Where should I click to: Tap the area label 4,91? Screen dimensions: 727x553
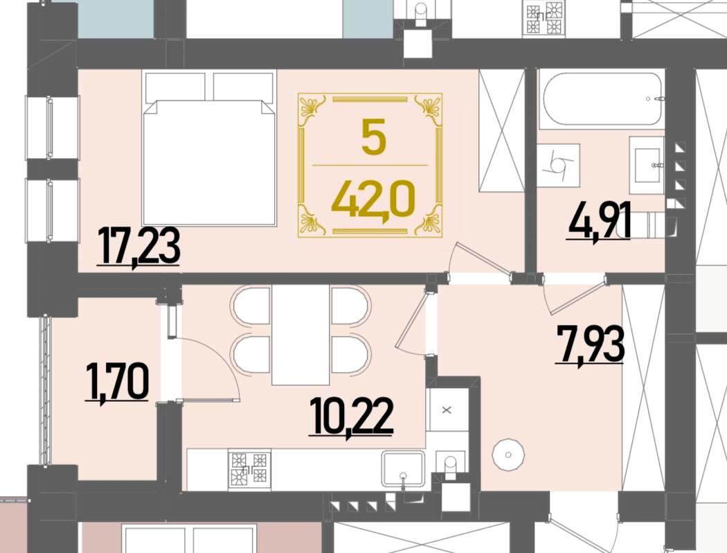click(598, 222)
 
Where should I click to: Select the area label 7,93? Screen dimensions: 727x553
click(590, 344)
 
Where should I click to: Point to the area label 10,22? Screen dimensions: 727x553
click(352, 416)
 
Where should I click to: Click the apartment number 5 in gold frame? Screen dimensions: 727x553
click(374, 137)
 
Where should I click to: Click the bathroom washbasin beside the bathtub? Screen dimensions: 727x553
click(646, 165)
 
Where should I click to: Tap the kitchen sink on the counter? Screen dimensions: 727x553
click(403, 468)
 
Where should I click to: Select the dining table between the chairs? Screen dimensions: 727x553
click(300, 335)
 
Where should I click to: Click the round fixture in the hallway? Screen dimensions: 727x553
click(508, 455)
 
